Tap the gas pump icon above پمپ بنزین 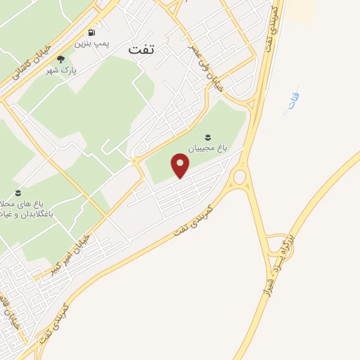[91, 33]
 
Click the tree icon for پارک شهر [60, 60]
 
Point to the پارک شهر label [62, 71]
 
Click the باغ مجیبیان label [207, 149]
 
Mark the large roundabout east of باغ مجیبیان [239, 176]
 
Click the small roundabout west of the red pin [134, 161]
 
